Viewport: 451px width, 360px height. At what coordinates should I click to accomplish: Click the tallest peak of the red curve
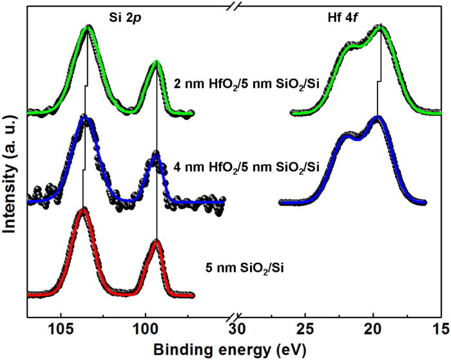click(82, 210)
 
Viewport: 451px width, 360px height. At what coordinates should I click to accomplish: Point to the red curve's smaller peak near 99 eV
click(156, 242)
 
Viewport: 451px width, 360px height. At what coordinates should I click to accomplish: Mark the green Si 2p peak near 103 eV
click(88, 28)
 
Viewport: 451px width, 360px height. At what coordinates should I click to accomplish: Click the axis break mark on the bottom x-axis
click(235, 317)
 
